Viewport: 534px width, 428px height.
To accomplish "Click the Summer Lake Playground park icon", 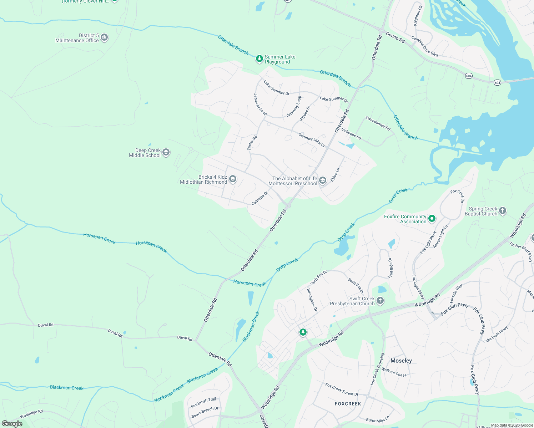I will click(x=260, y=59).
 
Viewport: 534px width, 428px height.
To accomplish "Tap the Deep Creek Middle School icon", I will click(x=166, y=153).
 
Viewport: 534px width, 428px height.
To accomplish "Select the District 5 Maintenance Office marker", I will click(x=104, y=37).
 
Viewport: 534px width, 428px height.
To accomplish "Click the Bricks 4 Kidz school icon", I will click(x=233, y=179).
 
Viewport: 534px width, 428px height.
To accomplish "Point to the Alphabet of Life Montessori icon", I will click(x=323, y=180).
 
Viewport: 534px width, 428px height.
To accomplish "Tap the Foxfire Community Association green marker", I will click(x=432, y=219).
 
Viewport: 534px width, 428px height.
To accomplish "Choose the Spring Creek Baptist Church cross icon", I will click(x=503, y=211).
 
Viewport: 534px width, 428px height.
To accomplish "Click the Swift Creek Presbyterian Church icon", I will click(x=380, y=301).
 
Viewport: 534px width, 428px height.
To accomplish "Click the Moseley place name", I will click(x=401, y=361).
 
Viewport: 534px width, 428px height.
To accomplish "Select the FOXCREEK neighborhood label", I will click(x=348, y=404).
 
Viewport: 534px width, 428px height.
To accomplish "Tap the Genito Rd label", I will click(x=395, y=37).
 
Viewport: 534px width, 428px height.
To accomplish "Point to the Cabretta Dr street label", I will click(x=260, y=198).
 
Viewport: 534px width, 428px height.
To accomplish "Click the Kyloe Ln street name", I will click(x=335, y=175).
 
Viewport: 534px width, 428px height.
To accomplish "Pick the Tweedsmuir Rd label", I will click(x=378, y=123).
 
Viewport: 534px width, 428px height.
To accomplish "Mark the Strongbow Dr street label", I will click(x=312, y=300).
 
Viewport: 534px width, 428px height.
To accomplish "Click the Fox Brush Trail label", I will click(x=203, y=403).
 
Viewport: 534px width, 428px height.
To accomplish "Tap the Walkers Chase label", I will click(x=394, y=372).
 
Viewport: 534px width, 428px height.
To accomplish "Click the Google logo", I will click(x=12, y=424).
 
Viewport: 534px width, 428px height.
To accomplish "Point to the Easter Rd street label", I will click(x=252, y=143).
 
